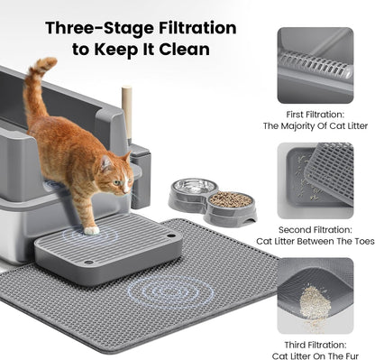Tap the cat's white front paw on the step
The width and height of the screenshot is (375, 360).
point(91,229)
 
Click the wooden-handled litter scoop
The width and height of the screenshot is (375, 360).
point(127,117)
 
